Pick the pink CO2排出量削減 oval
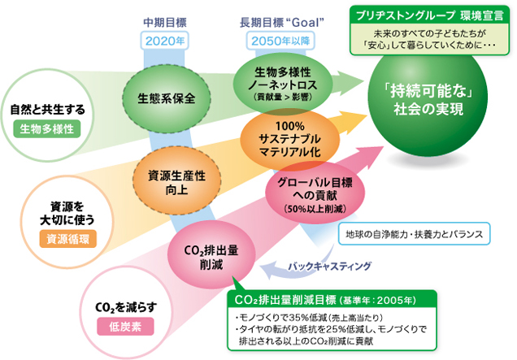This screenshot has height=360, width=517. [x=206, y=254]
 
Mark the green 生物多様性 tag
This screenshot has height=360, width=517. [x=47, y=128]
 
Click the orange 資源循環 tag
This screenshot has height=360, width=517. [x=57, y=238]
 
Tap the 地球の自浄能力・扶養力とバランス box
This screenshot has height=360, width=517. [x=415, y=235]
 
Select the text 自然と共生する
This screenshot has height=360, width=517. [x=47, y=108]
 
